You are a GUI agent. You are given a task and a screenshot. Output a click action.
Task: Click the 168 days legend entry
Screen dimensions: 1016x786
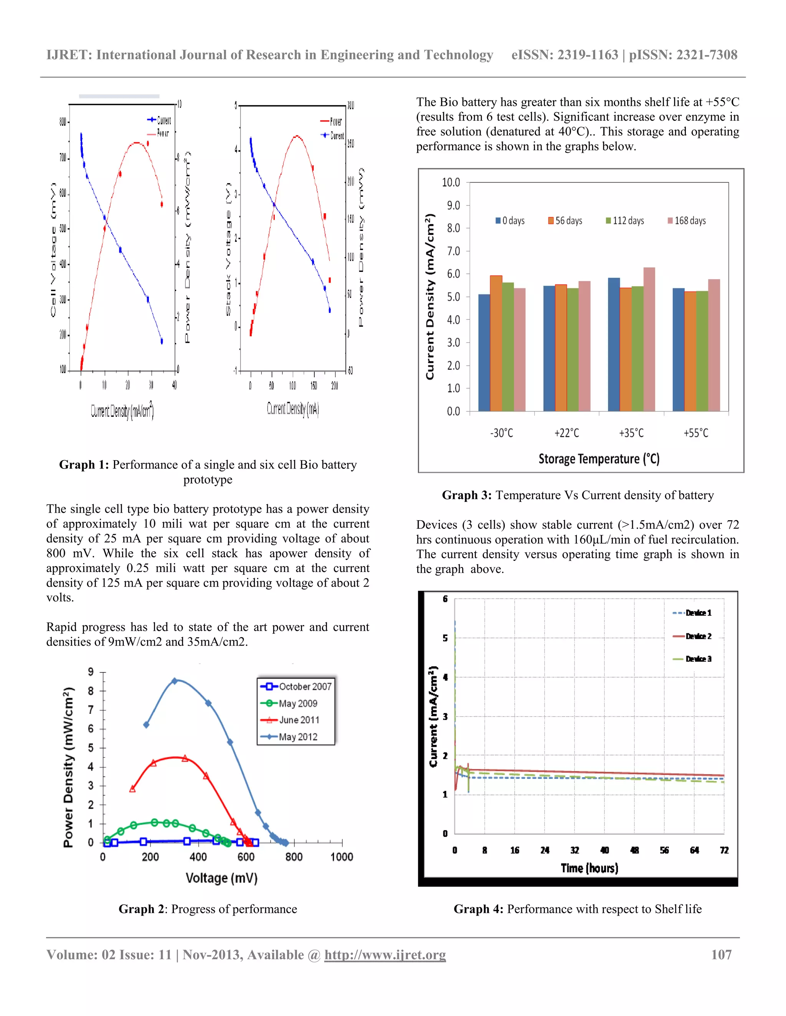click(x=687, y=220)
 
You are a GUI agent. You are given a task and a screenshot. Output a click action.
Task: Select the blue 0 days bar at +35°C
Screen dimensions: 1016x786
click(x=614, y=344)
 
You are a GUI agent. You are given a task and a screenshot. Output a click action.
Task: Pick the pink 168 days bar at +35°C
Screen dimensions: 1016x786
click(x=649, y=339)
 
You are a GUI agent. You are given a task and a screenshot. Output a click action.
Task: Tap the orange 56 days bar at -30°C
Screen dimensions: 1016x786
click(x=496, y=343)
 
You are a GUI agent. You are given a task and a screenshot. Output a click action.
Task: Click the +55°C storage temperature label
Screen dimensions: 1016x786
click(x=696, y=433)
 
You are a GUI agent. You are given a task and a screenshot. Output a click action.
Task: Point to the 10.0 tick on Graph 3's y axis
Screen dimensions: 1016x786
click(x=451, y=182)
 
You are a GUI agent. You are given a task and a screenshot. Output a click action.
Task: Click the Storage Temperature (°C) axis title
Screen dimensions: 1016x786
click(x=599, y=459)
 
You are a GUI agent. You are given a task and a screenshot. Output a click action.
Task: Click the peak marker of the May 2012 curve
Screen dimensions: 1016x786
click(x=175, y=681)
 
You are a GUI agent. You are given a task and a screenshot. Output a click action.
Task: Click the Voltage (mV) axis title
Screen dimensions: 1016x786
click(x=222, y=878)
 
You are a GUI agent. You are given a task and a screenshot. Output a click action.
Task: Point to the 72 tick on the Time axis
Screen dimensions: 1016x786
click(x=724, y=850)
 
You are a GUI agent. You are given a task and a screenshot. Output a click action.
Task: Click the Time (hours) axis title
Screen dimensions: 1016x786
click(x=589, y=868)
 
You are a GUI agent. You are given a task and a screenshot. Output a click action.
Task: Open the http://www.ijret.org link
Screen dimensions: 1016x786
click(x=385, y=955)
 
